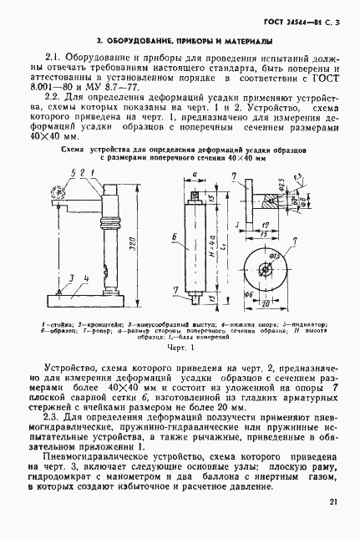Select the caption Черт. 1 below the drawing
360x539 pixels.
[180, 346]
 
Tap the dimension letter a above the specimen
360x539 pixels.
[194, 177]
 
